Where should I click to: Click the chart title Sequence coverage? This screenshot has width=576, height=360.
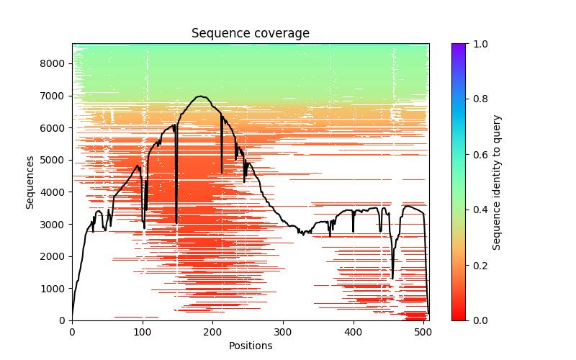[250, 34]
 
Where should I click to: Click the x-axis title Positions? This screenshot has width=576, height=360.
[250, 346]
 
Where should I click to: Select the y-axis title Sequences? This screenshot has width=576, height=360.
[30, 182]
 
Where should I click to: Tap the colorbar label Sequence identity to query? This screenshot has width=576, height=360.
[497, 182]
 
